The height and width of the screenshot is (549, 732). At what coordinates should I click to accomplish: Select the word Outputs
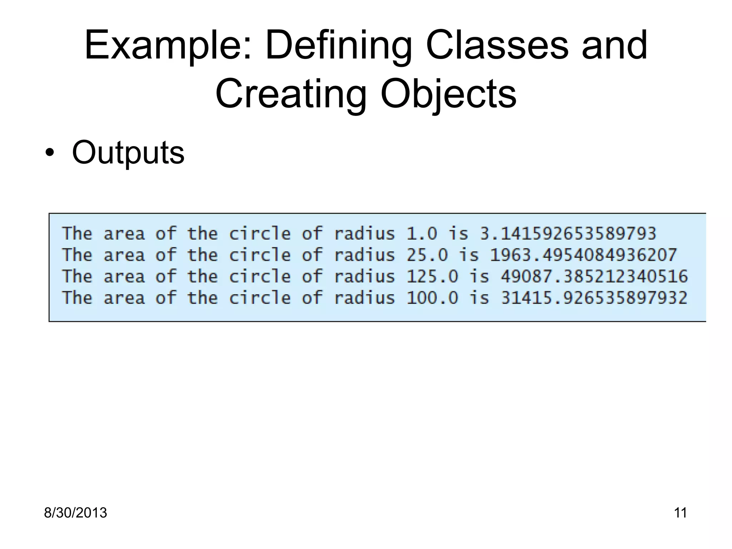click(x=128, y=153)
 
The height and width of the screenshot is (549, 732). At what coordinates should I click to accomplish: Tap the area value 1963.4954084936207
click(x=583, y=255)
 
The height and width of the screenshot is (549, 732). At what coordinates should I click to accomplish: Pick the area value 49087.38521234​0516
click(x=594, y=277)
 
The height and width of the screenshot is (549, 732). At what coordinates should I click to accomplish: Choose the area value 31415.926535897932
click(x=594, y=298)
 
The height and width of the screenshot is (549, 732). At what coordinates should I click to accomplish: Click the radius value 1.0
click(x=422, y=234)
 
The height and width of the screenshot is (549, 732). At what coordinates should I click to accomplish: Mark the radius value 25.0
click(x=427, y=255)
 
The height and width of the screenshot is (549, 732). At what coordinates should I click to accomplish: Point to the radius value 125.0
click(x=432, y=277)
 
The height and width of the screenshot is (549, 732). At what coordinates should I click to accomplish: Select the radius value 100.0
click(x=432, y=298)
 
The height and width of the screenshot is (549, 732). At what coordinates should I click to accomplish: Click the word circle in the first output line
click(x=259, y=234)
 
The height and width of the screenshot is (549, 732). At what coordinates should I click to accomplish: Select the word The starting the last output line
click(x=77, y=298)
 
